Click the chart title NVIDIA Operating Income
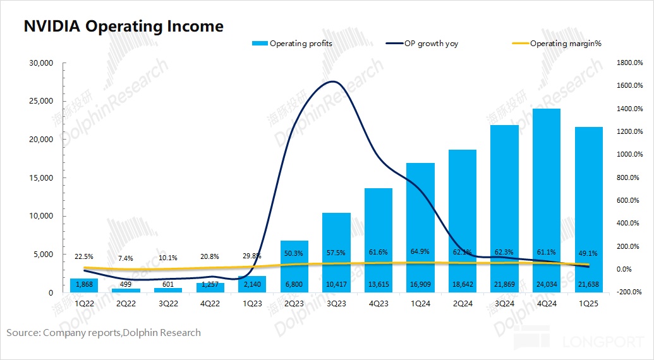pyautogui.click(x=124, y=27)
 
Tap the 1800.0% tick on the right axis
pyautogui.click(x=629, y=63)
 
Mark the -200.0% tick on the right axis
pyautogui.click(x=629, y=292)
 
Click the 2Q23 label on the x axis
pyautogui.click(x=294, y=304)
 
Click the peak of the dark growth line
pyautogui.click(x=334, y=81)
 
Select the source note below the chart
pyautogui.click(x=104, y=332)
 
